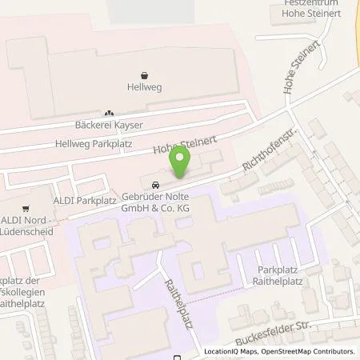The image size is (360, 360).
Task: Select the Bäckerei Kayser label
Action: (108, 126)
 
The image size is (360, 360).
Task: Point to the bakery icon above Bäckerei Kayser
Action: (109, 113)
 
